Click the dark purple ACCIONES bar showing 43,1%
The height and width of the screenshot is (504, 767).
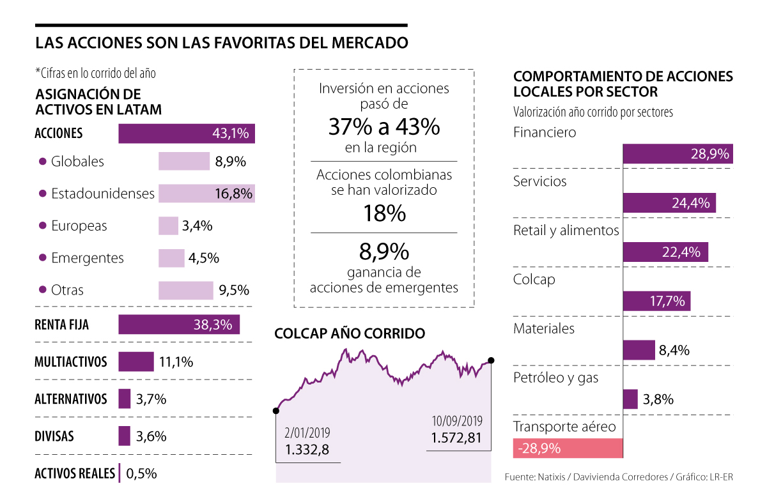(x=187, y=134)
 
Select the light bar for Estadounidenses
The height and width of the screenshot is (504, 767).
(x=206, y=194)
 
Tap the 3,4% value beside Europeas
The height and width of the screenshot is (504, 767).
(x=197, y=225)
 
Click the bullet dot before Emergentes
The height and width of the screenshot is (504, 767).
(x=43, y=258)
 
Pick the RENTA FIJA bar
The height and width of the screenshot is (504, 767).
(x=179, y=325)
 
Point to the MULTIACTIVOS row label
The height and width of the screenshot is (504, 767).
(x=71, y=362)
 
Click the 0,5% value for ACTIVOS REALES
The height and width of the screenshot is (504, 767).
(x=141, y=473)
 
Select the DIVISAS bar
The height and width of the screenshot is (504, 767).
(x=125, y=436)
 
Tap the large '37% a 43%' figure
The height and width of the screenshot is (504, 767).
(x=384, y=126)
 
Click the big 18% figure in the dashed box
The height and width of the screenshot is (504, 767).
(x=384, y=213)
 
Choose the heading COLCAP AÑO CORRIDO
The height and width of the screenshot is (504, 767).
(x=350, y=333)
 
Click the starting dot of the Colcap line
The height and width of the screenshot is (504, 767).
(x=276, y=411)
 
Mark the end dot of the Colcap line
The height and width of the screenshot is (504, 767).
(x=492, y=361)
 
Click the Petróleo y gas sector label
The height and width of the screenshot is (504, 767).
(x=555, y=378)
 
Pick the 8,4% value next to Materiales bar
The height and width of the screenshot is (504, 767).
(x=674, y=350)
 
